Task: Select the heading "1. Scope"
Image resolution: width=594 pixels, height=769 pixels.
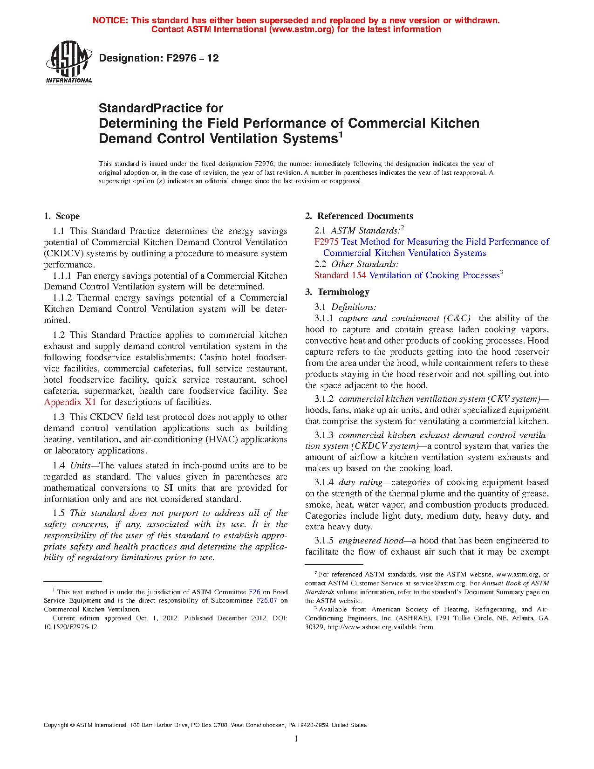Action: pyautogui.click(x=61, y=216)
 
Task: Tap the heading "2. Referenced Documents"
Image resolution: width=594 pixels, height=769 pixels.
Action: pyautogui.click(x=359, y=216)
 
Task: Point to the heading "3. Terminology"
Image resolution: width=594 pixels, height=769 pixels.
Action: pyautogui.click(x=337, y=292)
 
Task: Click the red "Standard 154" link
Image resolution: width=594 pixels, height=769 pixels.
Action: pyautogui.click(x=340, y=275)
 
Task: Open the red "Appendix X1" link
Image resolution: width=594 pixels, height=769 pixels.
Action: pyautogui.click(x=70, y=402)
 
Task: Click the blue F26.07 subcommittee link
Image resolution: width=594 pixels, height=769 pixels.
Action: pyautogui.click(x=266, y=601)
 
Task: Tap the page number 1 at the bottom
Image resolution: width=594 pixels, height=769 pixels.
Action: pyautogui.click(x=296, y=739)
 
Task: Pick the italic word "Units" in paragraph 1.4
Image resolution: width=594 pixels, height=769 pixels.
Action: pyautogui.click(x=80, y=466)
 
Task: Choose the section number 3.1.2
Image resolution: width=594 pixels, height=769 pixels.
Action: pyautogui.click(x=324, y=399)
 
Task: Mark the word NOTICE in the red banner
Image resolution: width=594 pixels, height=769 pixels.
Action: pyautogui.click(x=110, y=21)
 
